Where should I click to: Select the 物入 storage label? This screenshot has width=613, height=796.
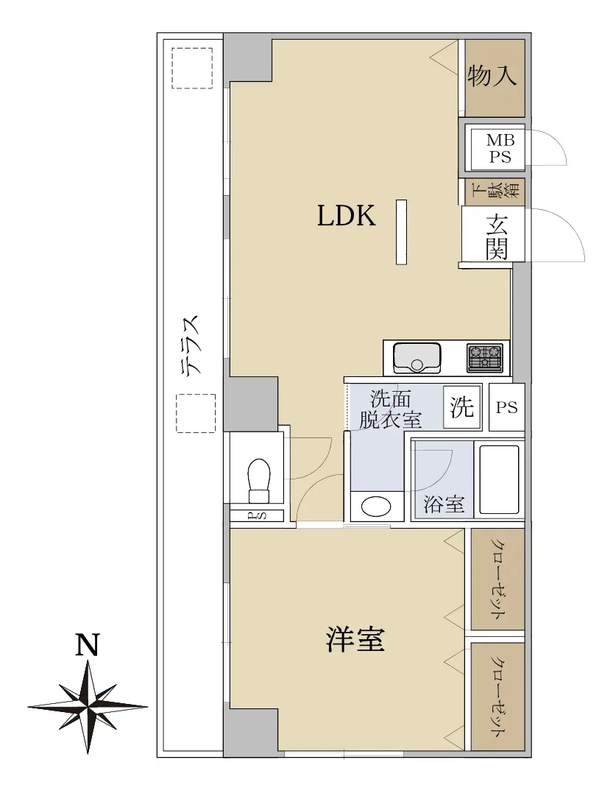point(492,76)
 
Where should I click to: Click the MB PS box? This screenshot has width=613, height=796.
point(500,148)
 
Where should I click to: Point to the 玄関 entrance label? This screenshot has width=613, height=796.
point(497,236)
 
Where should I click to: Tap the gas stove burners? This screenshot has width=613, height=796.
point(485,356)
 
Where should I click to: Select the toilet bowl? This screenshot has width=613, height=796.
point(258,479)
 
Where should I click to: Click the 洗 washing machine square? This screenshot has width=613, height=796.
point(462,407)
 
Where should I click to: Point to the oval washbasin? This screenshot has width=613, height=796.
point(376,506)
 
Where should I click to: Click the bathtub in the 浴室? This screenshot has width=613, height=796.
point(499,479)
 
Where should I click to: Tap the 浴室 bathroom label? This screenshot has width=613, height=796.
point(444,504)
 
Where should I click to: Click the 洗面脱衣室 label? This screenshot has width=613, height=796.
point(390,409)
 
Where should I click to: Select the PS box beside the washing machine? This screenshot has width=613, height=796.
point(506,407)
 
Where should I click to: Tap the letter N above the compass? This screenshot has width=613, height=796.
point(87,644)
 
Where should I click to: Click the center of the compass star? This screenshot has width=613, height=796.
point(88,706)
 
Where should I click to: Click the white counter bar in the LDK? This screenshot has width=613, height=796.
point(401,231)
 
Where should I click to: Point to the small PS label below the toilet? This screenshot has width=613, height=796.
point(256,515)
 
